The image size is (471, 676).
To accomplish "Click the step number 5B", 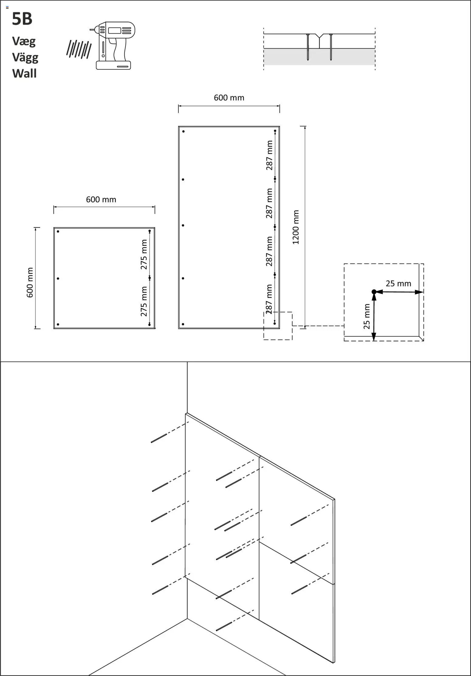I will point(22,19).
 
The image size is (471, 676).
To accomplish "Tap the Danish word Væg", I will point(24,41).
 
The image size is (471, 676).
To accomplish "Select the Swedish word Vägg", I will point(25,58).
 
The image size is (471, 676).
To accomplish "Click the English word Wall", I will point(24,74).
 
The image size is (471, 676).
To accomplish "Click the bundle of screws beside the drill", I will point(78,49).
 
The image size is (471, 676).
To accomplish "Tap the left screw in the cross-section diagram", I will point(308,47).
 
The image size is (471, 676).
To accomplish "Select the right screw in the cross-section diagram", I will point(331,47).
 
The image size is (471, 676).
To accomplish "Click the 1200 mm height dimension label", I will point(296,227).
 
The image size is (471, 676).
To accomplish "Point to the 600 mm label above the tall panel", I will point(229,98).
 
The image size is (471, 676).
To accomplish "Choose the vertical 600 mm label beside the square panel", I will point(30,283).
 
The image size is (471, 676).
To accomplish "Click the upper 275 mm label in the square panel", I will point(144,255).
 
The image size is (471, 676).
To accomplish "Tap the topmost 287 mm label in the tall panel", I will point(269,155).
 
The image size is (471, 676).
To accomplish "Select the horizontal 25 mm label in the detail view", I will point(398,283).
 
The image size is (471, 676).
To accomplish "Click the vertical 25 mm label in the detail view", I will point(367,316).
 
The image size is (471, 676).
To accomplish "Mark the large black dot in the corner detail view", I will point(374,292).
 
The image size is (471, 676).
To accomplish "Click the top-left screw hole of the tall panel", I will point(184,131).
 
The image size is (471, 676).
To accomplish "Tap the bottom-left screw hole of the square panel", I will point(58,324).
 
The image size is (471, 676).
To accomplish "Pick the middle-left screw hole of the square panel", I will point(58,278).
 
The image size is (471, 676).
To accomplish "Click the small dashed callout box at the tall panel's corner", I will point(278,326).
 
